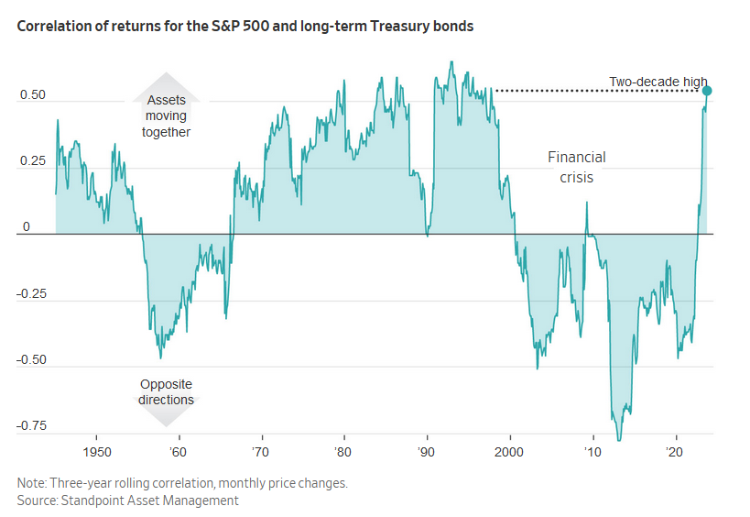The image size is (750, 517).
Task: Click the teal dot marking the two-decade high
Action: pyautogui.click(x=707, y=90)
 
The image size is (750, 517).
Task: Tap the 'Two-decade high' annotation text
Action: pyautogui.click(x=658, y=82)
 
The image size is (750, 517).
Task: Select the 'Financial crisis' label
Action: pyautogui.click(x=576, y=167)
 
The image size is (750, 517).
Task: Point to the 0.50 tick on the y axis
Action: pyautogui.click(x=32, y=95)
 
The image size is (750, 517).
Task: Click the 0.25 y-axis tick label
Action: pyautogui.click(x=32, y=161)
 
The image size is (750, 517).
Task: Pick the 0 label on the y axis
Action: pyautogui.click(x=27, y=227)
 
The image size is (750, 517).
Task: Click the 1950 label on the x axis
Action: pyautogui.click(x=96, y=453)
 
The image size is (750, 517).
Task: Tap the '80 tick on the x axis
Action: pyautogui.click(x=343, y=453)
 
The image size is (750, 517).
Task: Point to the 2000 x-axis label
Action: pyautogui.click(x=509, y=453)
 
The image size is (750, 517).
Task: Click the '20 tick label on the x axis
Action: pyautogui.click(x=675, y=453)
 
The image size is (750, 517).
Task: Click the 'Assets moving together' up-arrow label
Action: pyautogui.click(x=166, y=115)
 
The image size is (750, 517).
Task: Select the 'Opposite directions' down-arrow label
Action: pyautogui.click(x=166, y=392)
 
